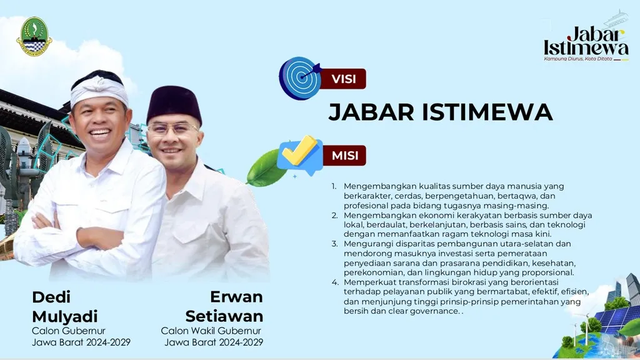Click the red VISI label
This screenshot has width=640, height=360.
coord(343,79)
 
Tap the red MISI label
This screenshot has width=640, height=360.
coord(344,156)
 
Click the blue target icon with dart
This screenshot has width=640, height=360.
coord(300,78)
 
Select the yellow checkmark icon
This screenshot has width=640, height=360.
coord(299,151)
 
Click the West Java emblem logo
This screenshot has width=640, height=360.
coord(34,36)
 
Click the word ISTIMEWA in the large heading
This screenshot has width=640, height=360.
coord(487,112)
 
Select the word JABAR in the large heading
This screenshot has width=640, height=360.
coord(371,112)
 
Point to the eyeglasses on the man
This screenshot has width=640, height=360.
coord(172,129)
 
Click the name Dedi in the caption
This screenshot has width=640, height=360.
coord(51,297)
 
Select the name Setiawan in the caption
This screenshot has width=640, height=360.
coord(224,316)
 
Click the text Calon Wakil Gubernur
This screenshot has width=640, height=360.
coord(211,331)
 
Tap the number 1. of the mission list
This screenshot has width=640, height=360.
coord(334,186)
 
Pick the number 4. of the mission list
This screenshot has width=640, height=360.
coord(335,282)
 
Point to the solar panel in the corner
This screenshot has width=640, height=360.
coord(617,318)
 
